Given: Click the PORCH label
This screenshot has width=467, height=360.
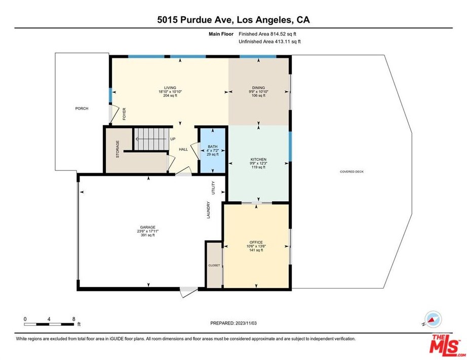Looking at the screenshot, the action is pos(82,109).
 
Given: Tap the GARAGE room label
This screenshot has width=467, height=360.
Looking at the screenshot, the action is pos(148,227).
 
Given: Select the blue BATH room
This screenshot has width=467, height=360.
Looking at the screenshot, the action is pos(213,150).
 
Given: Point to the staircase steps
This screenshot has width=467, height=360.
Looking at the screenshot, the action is pos(151,139).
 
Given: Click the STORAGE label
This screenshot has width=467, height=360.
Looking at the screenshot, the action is pos(118,149).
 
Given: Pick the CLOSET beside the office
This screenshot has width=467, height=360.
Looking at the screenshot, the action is pos(214,266).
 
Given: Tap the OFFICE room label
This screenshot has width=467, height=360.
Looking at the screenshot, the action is pos(256,242).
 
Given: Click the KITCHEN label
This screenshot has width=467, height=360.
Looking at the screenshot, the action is pos(258,160).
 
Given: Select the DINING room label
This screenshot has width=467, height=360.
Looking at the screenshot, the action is pos(258,88).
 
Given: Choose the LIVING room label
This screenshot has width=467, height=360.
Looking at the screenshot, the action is pos(170,88).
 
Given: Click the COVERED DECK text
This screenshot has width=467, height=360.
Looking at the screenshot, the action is pos(352,172).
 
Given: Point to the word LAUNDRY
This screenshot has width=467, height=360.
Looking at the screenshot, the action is pos(209,210).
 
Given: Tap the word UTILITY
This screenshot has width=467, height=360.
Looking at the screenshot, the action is pos(213,188).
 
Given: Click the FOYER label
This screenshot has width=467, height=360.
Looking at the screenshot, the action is pos(124,114).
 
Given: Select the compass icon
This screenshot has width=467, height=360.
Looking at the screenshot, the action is pos(433,319).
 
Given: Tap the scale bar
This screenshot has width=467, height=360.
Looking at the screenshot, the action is pos(49,324).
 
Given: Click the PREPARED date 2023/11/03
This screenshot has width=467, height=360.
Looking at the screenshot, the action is pos(246,323).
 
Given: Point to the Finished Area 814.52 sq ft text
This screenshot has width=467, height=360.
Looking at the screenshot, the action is pos(267,34).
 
